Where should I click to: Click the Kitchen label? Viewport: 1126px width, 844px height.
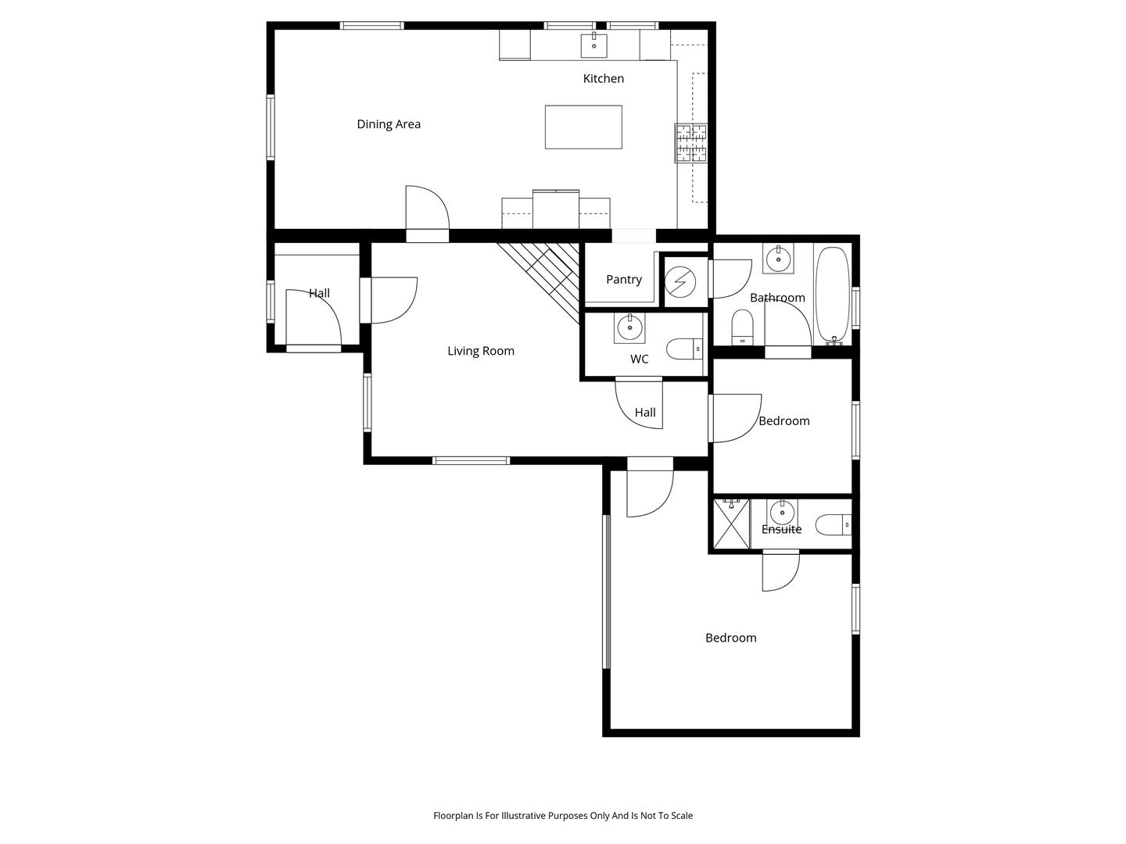(x=603, y=78)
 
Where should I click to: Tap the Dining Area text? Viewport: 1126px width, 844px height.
(x=389, y=124)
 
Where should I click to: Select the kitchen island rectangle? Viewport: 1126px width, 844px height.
(x=583, y=127)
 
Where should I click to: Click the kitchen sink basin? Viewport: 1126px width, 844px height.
(x=593, y=45)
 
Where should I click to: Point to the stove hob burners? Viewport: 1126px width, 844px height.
(x=691, y=143)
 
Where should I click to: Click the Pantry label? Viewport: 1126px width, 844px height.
(x=624, y=279)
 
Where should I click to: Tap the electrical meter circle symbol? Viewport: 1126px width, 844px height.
(x=680, y=282)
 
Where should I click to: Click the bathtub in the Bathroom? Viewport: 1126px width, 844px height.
(x=833, y=295)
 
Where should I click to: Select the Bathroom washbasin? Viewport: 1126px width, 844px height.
(x=778, y=258)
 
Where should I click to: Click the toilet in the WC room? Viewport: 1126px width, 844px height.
(x=685, y=349)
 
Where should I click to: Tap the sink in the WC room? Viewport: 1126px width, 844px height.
(x=629, y=327)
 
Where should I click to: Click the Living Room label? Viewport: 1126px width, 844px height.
(x=481, y=351)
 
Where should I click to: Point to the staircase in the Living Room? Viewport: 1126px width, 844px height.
(x=538, y=282)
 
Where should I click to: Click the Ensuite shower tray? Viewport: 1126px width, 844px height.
(x=732, y=524)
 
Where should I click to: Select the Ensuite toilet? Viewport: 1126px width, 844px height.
(x=834, y=524)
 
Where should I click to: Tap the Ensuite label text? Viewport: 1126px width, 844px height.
(x=781, y=529)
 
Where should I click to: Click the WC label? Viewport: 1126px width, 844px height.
(x=639, y=359)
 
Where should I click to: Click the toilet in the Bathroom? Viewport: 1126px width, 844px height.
(x=742, y=327)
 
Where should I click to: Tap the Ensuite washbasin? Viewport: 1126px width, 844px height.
(x=782, y=513)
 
